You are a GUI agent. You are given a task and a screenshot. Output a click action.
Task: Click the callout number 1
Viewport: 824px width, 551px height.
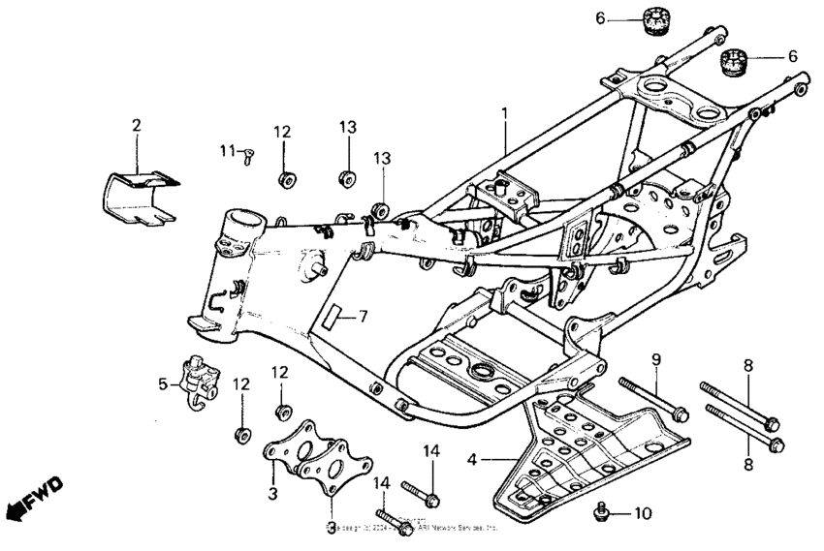click(504, 113)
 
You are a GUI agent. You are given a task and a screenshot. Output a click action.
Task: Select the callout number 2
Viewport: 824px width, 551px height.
click(137, 125)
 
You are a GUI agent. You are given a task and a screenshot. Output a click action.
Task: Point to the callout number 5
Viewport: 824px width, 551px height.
click(163, 383)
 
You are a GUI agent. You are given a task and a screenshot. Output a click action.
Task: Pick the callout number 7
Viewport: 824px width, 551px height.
click(364, 316)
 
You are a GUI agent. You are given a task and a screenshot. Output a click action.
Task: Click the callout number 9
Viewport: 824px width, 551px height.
click(656, 359)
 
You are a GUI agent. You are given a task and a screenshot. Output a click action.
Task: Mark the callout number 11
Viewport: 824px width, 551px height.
click(227, 150)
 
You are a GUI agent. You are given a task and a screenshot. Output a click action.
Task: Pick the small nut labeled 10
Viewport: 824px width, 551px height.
click(602, 510)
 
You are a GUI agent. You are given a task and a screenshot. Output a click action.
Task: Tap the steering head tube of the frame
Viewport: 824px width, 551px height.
click(239, 237)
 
